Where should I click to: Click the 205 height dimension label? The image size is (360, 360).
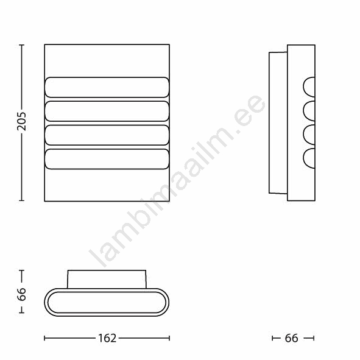pos(21,121)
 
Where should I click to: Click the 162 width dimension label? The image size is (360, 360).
pos(107,338)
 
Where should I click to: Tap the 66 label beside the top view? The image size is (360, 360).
pos(21,294)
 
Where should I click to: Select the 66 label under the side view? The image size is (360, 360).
pos(291,338)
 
